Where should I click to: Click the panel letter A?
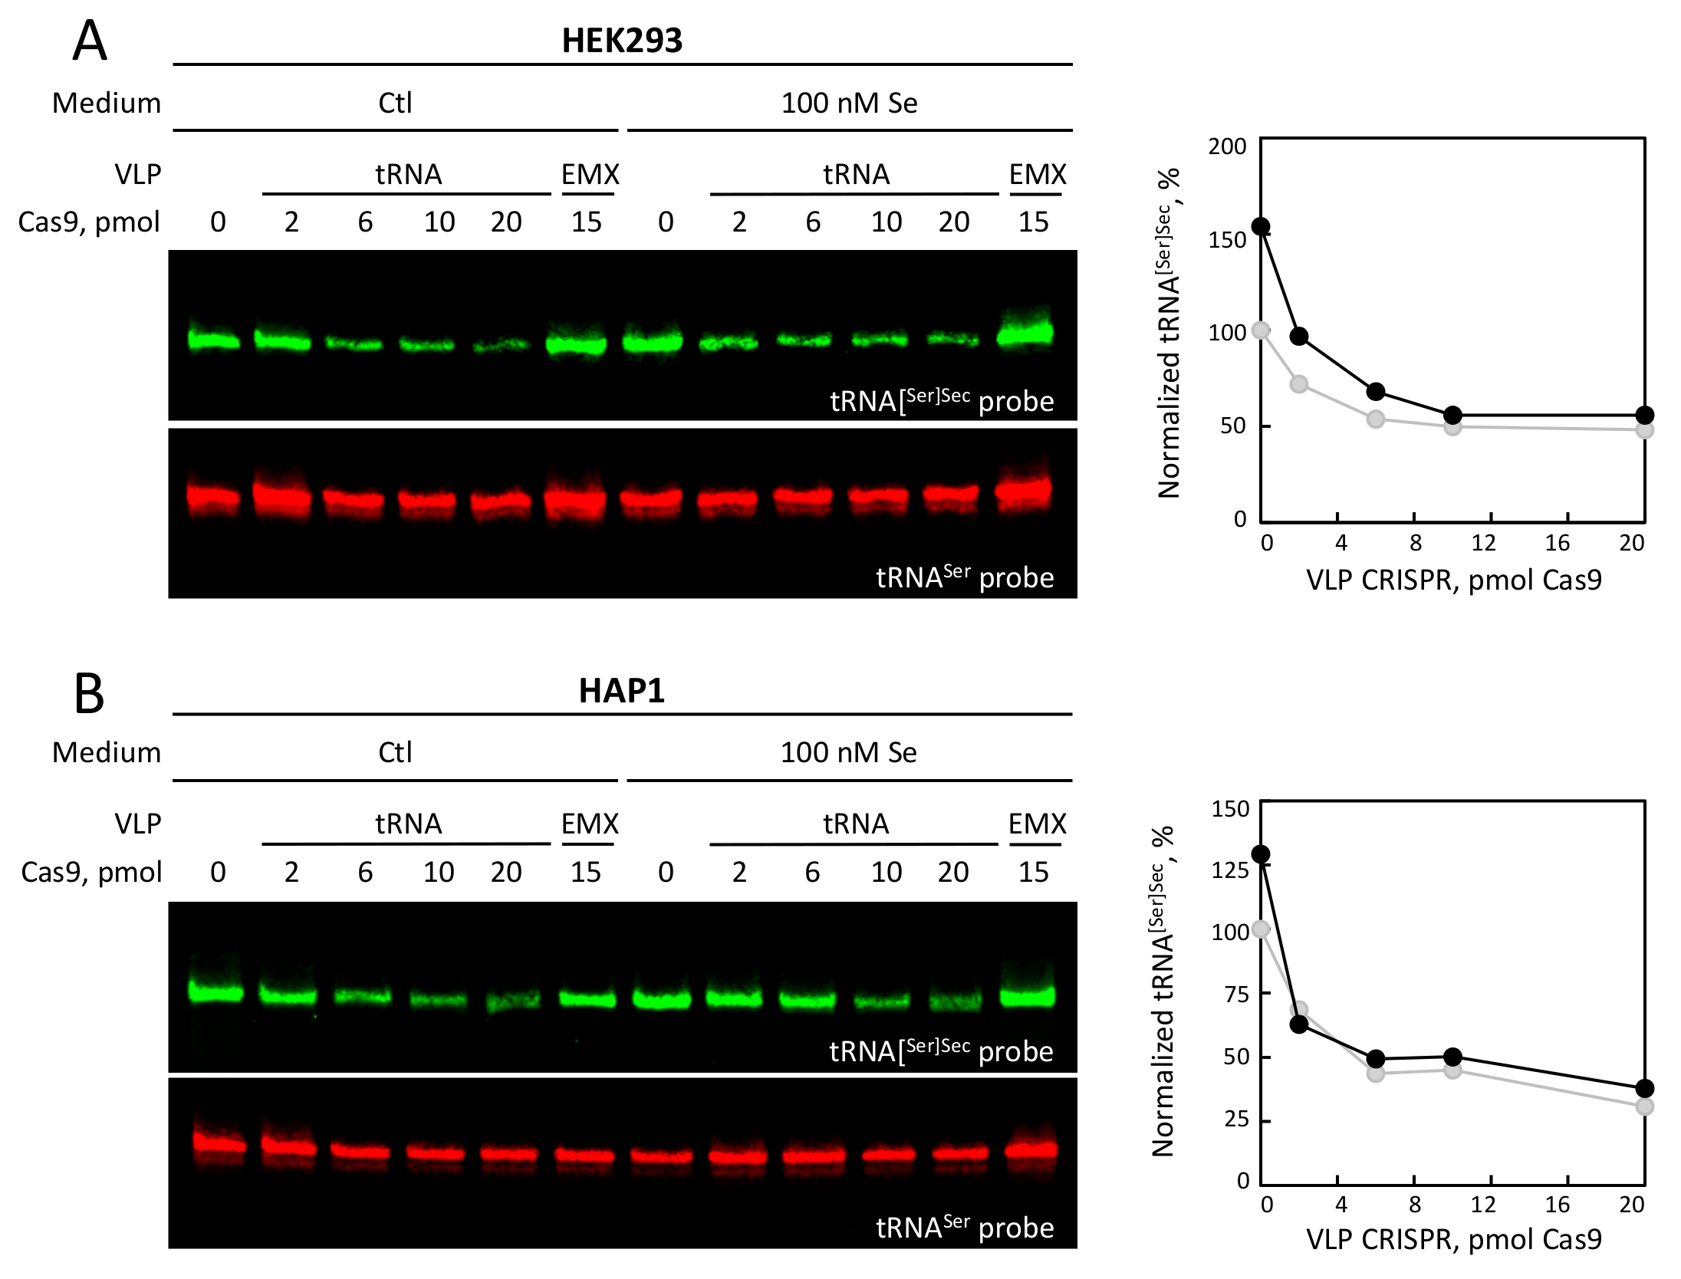pyautogui.click(x=89, y=42)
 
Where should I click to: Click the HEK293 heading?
pyautogui.click(x=621, y=41)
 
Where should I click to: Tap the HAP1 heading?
pyautogui.click(x=621, y=691)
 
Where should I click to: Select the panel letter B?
pyautogui.click(x=89, y=694)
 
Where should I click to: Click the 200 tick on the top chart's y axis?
pyautogui.click(x=1227, y=146)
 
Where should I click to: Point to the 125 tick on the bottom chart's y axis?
pyautogui.click(x=1230, y=871)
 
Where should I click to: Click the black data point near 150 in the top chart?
pyautogui.click(x=1261, y=227)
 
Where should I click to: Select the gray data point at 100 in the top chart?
pyautogui.click(x=1261, y=330)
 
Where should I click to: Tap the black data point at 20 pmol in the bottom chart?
pyautogui.click(x=1644, y=1089)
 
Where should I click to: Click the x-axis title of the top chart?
pyautogui.click(x=1454, y=580)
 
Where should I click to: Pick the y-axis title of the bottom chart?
pyautogui.click(x=1163, y=991)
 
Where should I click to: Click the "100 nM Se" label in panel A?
pyautogui.click(x=849, y=104)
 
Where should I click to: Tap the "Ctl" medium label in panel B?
pyautogui.click(x=395, y=753)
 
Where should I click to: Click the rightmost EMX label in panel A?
pyautogui.click(x=1037, y=175)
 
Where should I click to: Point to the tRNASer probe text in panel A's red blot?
pyautogui.click(x=964, y=577)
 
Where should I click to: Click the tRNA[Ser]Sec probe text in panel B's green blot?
pyautogui.click(x=941, y=1050)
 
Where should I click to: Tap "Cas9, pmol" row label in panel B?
pyautogui.click(x=90, y=873)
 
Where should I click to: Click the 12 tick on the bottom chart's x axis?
pyautogui.click(x=1483, y=1205)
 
